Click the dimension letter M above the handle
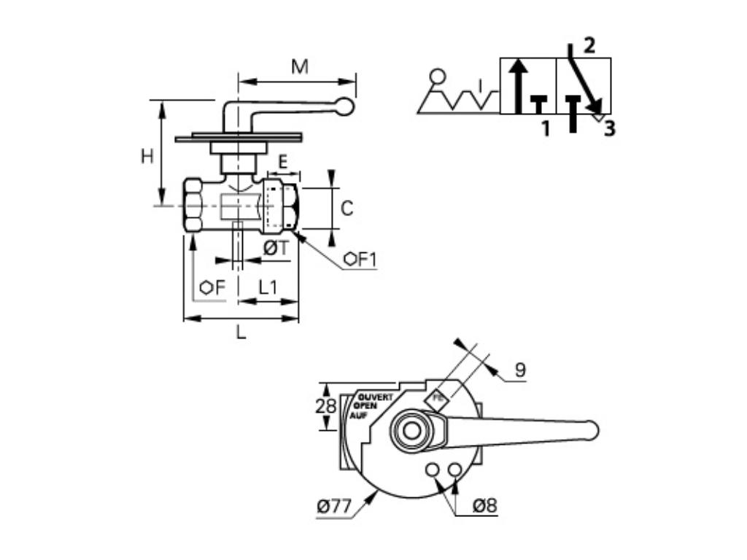(300, 67)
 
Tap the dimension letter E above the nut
(282, 162)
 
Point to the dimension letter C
(347, 209)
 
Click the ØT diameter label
(276, 249)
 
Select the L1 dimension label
(268, 287)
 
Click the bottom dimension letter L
(241, 334)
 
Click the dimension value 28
(325, 407)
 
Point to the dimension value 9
(519, 370)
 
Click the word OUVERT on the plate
(376, 397)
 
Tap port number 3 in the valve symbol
(609, 129)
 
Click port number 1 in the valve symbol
(544, 130)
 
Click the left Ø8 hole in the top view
(433, 470)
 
